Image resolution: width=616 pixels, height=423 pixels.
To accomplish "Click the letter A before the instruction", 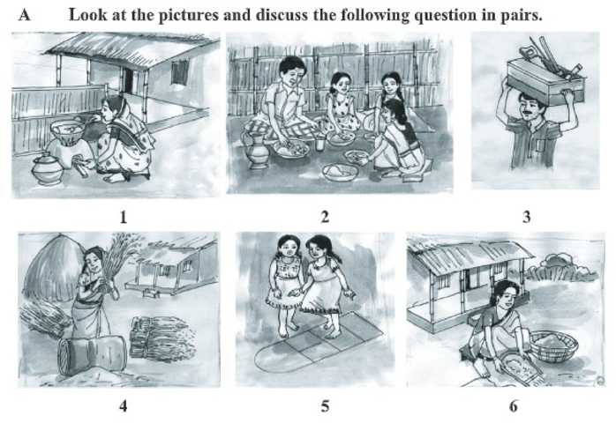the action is (25, 15).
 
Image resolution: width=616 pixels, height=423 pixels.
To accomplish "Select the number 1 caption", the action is (124, 217).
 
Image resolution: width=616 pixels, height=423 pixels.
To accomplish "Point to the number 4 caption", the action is (124, 405).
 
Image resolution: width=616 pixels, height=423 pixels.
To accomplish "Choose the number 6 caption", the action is (514, 405).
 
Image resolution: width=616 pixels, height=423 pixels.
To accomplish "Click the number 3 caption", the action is (527, 217).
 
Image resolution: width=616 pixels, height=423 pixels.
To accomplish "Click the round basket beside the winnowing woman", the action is (555, 345).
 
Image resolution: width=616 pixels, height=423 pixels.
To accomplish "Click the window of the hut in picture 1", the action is (179, 71).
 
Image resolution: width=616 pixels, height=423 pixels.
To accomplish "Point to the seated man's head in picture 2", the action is (291, 71).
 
